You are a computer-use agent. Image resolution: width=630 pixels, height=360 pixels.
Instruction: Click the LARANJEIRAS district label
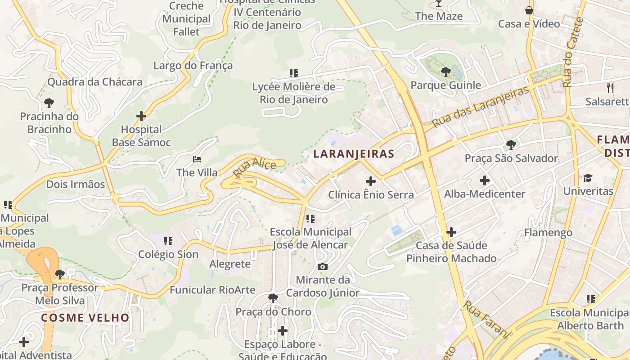coord(354,154)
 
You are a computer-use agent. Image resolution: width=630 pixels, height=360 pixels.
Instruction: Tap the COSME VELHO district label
coord(85,318)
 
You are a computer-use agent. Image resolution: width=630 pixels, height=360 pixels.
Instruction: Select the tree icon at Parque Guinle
coord(445,72)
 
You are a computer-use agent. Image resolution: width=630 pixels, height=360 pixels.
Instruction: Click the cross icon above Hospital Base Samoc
coord(141,116)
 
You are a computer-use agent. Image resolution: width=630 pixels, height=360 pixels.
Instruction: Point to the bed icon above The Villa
coord(197,159)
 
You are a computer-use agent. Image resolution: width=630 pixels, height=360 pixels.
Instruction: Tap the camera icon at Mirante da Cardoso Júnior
coord(323,266)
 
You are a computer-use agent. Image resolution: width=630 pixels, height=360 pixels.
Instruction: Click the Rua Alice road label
coord(254,167)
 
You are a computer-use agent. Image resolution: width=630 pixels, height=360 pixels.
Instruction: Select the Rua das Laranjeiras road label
coord(480,107)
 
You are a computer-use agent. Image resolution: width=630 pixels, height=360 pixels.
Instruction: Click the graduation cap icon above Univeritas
coord(588,178)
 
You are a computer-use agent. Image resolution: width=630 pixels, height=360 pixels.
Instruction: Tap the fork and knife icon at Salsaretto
coord(610,88)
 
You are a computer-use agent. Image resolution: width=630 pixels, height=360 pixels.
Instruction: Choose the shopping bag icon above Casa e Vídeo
coord(529,10)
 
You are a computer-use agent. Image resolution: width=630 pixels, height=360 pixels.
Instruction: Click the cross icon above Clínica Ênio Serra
coord(371,181)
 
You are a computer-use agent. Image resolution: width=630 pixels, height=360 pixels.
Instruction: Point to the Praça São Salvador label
coord(511,158)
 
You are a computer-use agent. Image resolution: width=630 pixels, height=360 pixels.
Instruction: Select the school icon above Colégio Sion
coord(168,241)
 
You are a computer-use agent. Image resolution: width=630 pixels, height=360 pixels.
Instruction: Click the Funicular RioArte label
coord(212,290)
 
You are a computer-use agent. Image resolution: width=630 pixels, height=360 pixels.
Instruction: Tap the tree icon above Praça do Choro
coord(273,298)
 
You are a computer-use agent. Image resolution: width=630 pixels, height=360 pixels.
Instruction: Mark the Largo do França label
coord(193,66)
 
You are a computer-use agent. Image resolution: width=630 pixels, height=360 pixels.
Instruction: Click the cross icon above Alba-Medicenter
coord(485,181)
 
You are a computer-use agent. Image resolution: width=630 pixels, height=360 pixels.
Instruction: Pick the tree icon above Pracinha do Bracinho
coord(49,103)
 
